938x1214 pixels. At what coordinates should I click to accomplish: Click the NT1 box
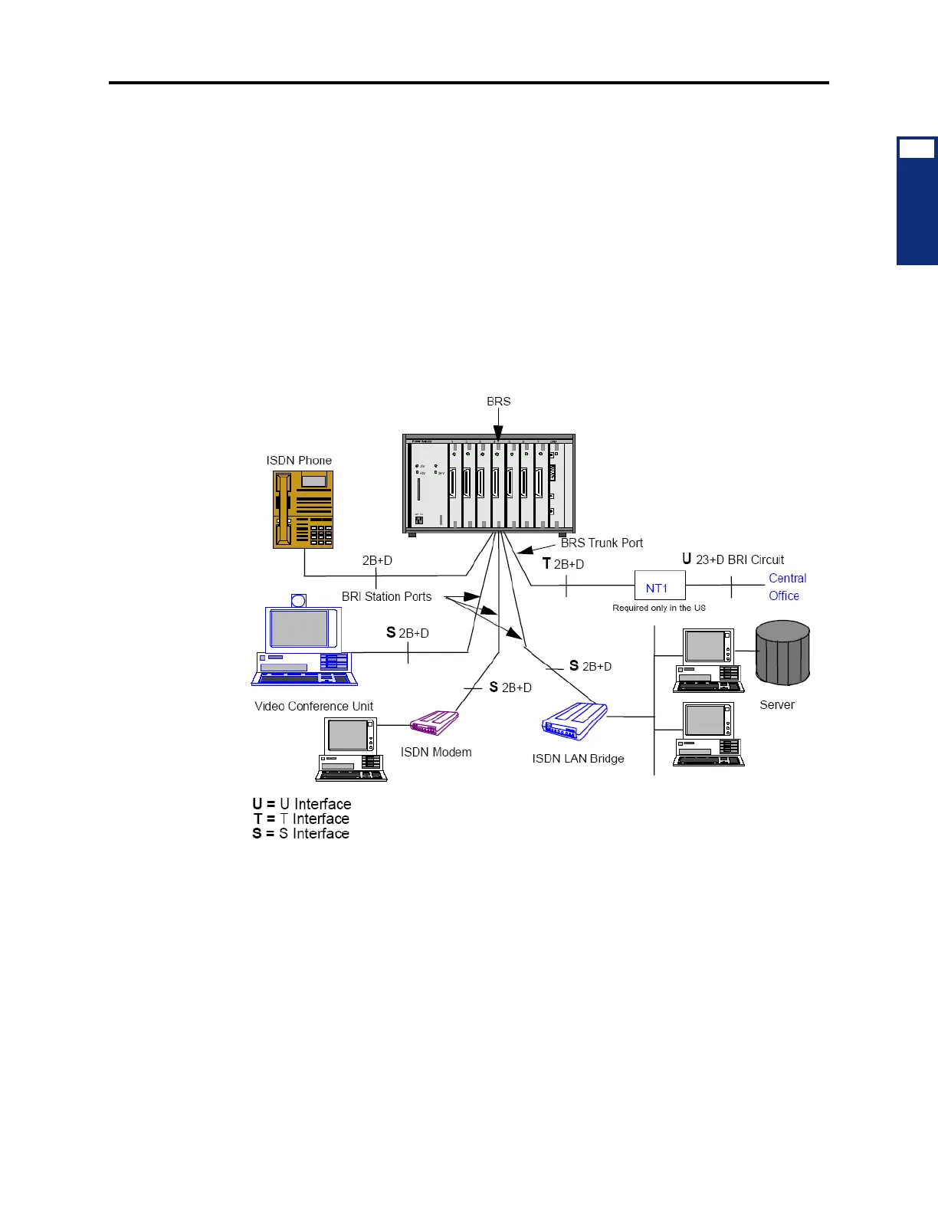coord(659,586)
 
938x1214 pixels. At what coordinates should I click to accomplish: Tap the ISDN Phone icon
coord(303,510)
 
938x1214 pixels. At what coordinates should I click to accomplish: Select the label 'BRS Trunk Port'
coord(602,543)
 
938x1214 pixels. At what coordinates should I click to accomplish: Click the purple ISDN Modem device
coord(434,723)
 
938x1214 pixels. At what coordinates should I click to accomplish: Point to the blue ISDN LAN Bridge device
coord(575,721)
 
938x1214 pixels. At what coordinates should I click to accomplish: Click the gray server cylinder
coord(782,653)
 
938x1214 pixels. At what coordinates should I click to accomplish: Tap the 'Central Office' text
coord(787,587)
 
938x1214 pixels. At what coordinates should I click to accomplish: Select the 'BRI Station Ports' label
coord(386,596)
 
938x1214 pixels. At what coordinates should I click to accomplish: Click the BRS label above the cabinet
coord(498,402)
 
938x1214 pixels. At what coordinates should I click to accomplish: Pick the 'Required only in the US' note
coord(659,608)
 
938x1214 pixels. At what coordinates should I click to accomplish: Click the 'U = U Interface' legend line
coord(302,804)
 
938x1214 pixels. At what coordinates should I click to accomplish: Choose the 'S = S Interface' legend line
coord(300,834)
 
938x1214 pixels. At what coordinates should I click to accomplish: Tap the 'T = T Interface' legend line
coord(301,819)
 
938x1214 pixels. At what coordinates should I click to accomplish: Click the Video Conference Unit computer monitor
coord(300,628)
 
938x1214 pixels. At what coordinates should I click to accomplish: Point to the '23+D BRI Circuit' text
coord(740,559)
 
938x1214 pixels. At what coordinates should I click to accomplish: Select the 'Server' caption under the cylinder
coord(776,705)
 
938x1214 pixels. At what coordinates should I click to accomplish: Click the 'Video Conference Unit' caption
coord(313,707)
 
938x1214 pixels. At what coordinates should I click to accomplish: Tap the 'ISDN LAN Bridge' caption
coord(578,759)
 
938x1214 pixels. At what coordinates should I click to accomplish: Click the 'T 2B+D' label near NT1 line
coord(563,564)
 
